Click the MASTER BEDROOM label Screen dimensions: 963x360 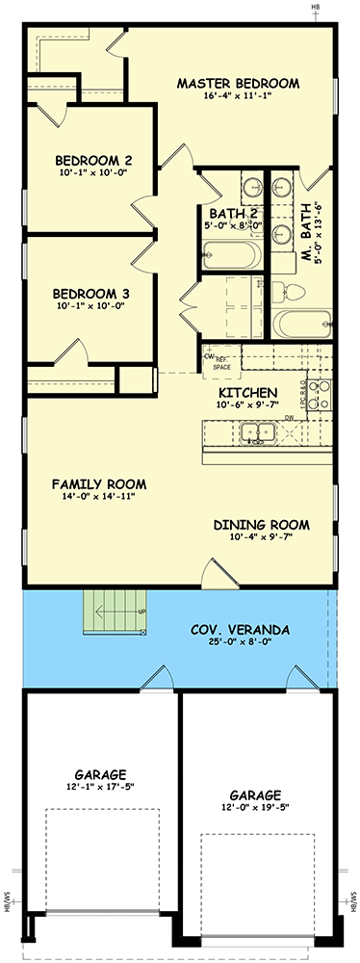click(x=238, y=83)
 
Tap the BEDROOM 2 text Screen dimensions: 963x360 click(x=92, y=160)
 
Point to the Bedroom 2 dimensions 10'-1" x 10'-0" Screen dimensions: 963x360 click(x=92, y=173)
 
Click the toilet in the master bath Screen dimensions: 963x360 click(x=290, y=292)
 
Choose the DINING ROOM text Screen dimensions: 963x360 click(x=261, y=525)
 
